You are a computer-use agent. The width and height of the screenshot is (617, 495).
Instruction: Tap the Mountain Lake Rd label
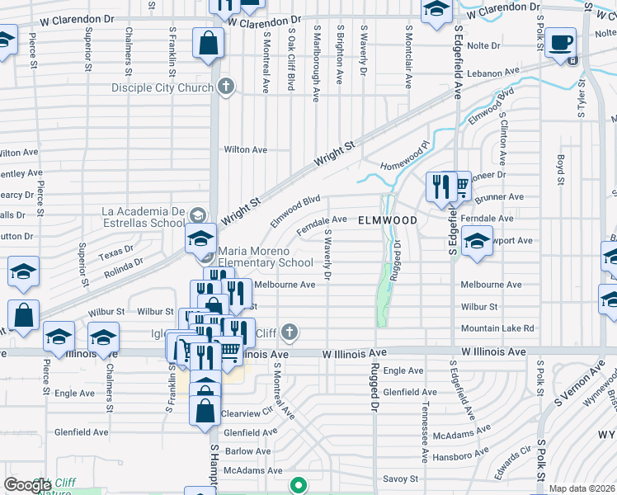point(497,328)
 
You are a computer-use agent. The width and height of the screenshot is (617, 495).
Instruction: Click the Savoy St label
point(401,478)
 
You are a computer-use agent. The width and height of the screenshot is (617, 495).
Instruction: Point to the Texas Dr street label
point(115,250)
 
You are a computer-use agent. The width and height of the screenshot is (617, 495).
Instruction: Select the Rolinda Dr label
point(123,264)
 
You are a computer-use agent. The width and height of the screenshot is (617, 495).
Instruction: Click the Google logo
point(27,485)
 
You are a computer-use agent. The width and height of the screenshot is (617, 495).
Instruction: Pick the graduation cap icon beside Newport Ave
point(477,242)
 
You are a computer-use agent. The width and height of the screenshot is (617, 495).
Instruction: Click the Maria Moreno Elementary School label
point(266,257)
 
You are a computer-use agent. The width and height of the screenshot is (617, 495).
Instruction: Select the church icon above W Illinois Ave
point(289,332)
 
